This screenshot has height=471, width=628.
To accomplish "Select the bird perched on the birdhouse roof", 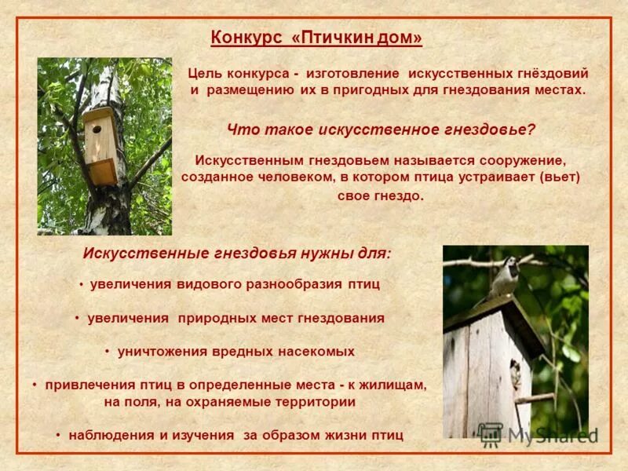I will click(505, 276).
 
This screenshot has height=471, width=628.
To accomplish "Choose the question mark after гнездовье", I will click(531, 129).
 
